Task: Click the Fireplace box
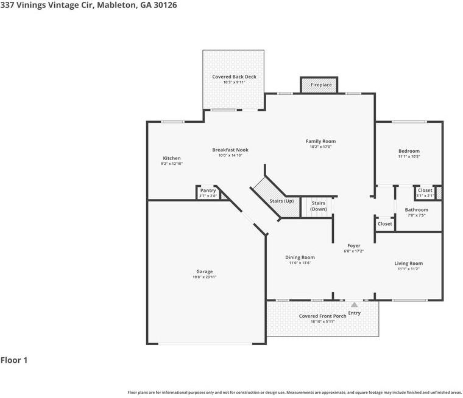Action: point(319,85)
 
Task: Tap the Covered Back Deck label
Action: point(234,77)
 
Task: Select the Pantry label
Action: point(208,190)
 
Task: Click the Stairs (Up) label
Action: point(281,201)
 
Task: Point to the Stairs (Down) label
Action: point(318,206)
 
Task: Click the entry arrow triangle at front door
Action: point(354,304)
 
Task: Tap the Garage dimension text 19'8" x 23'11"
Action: point(204,277)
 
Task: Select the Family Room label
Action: point(320,141)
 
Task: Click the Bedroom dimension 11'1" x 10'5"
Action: point(409,156)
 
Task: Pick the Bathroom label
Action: point(416,210)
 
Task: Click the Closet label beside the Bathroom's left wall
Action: point(385,224)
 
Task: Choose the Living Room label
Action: point(408,264)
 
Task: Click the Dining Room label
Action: point(300,257)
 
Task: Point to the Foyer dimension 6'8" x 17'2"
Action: point(354,251)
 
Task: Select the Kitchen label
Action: point(172,158)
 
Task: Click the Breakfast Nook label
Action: point(230,150)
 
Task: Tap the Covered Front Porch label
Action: point(322,316)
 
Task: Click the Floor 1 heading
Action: point(14,360)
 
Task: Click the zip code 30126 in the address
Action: point(165,5)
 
